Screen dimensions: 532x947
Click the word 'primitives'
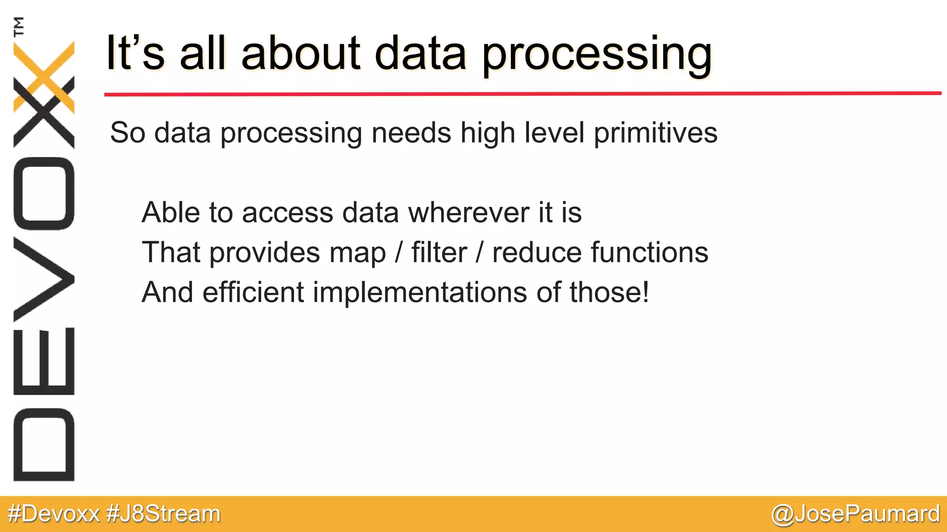(655, 133)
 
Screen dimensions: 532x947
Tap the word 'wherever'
(468, 212)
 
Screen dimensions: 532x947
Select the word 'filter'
(439, 253)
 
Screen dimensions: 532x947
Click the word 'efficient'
(253, 292)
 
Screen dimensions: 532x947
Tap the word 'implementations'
(420, 293)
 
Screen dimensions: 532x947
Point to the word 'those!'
(609, 292)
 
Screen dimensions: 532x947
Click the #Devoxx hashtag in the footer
(54, 514)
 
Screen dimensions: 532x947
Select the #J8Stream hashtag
(163, 514)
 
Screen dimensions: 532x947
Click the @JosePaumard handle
(855, 514)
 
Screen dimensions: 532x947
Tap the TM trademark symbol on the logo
(18, 26)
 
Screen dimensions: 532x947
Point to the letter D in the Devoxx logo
(44, 444)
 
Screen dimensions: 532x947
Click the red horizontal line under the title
(523, 94)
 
